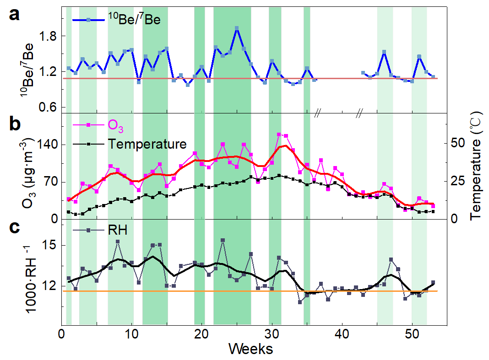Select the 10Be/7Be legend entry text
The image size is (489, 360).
[x=134, y=20]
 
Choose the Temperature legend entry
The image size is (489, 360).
[x=147, y=144]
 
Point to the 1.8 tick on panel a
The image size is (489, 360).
[x=48, y=37]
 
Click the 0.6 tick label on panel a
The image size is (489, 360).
[x=48, y=107]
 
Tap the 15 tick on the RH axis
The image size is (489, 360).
[x=49, y=245]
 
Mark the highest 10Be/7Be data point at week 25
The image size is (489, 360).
[x=237, y=28]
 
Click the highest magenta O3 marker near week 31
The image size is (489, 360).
[x=279, y=134]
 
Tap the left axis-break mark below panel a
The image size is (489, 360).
[x=316, y=114]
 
